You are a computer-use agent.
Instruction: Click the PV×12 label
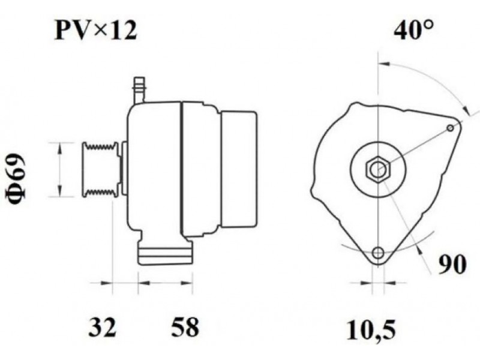click(95, 31)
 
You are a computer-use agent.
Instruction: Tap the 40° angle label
click(413, 31)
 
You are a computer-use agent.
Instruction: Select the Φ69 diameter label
click(16, 178)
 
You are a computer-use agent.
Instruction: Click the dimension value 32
click(103, 327)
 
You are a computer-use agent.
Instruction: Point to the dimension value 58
click(185, 327)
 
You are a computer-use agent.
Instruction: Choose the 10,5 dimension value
click(371, 329)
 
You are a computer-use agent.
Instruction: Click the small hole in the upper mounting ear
click(450, 128)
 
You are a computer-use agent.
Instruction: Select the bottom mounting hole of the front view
click(379, 253)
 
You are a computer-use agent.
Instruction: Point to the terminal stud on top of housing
click(139, 91)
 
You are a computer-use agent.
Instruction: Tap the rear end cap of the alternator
click(239, 169)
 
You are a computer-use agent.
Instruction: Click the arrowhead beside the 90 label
click(421, 250)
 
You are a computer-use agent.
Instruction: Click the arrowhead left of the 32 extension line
click(106, 283)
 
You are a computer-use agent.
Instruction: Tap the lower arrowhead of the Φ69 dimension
click(60, 191)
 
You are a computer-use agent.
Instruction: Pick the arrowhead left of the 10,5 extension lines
click(367, 283)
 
